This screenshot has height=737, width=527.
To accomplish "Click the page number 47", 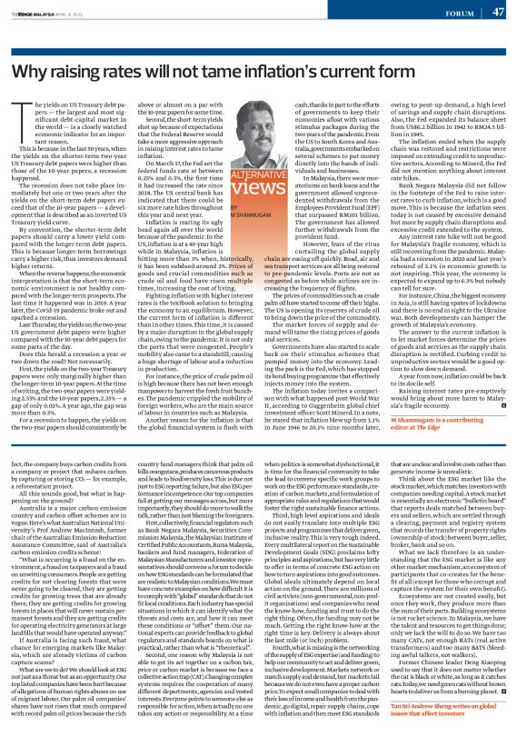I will point(498,13).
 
